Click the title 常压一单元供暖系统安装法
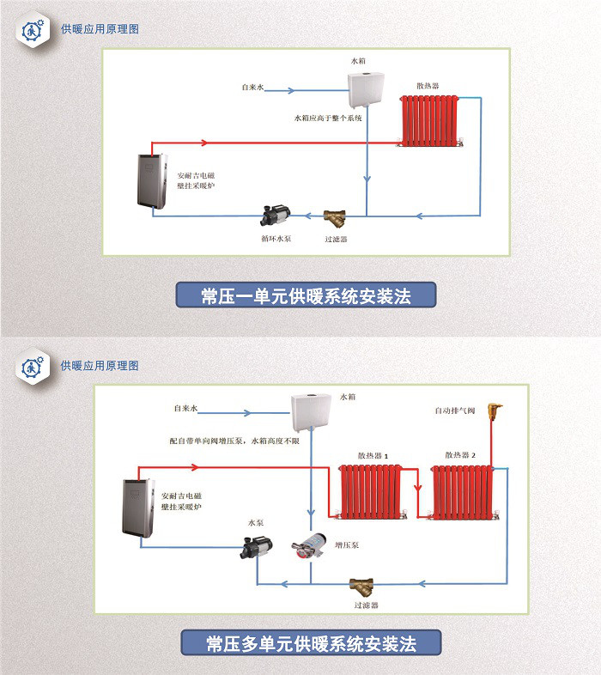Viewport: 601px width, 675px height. [307, 296]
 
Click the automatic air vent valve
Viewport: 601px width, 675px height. [495, 413]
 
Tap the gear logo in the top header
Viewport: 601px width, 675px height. [33, 28]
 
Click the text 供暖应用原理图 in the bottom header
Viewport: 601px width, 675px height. [100, 366]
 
